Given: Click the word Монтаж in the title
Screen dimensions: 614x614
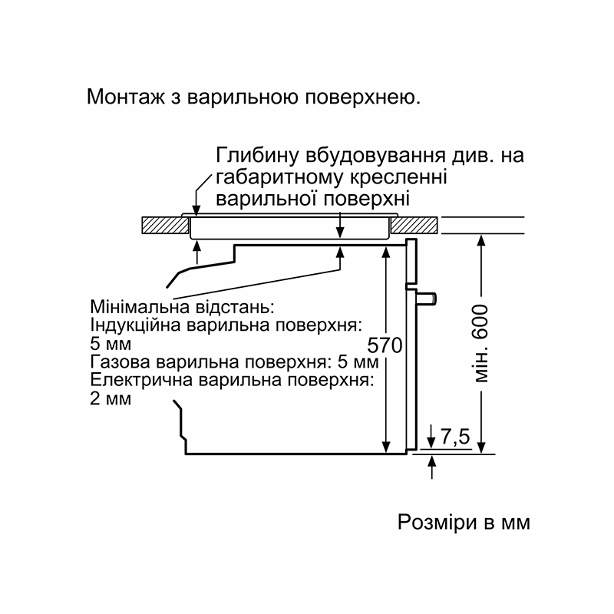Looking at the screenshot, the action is [x=126, y=97].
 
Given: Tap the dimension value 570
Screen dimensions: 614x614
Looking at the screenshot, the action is [x=385, y=345].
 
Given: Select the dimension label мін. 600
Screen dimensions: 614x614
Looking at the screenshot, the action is [x=480, y=344].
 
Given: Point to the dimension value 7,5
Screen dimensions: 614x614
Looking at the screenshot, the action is [x=455, y=437].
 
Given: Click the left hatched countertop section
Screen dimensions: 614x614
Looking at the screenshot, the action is [x=165, y=225].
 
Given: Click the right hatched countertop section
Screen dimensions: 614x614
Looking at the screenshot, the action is [x=414, y=225].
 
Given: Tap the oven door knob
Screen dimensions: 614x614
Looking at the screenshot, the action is [x=427, y=299].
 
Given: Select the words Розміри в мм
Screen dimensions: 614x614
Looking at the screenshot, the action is [x=464, y=522].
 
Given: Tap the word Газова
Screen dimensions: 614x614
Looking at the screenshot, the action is [x=120, y=361].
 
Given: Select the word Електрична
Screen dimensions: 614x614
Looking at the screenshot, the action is [x=141, y=380].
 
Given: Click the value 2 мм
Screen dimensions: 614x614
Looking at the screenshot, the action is [x=111, y=399].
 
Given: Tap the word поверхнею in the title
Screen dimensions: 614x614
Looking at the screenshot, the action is [x=362, y=97].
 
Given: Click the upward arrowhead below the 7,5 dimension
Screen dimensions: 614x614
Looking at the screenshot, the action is [x=431, y=462].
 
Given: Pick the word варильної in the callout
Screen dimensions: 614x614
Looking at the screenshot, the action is [x=266, y=199].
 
